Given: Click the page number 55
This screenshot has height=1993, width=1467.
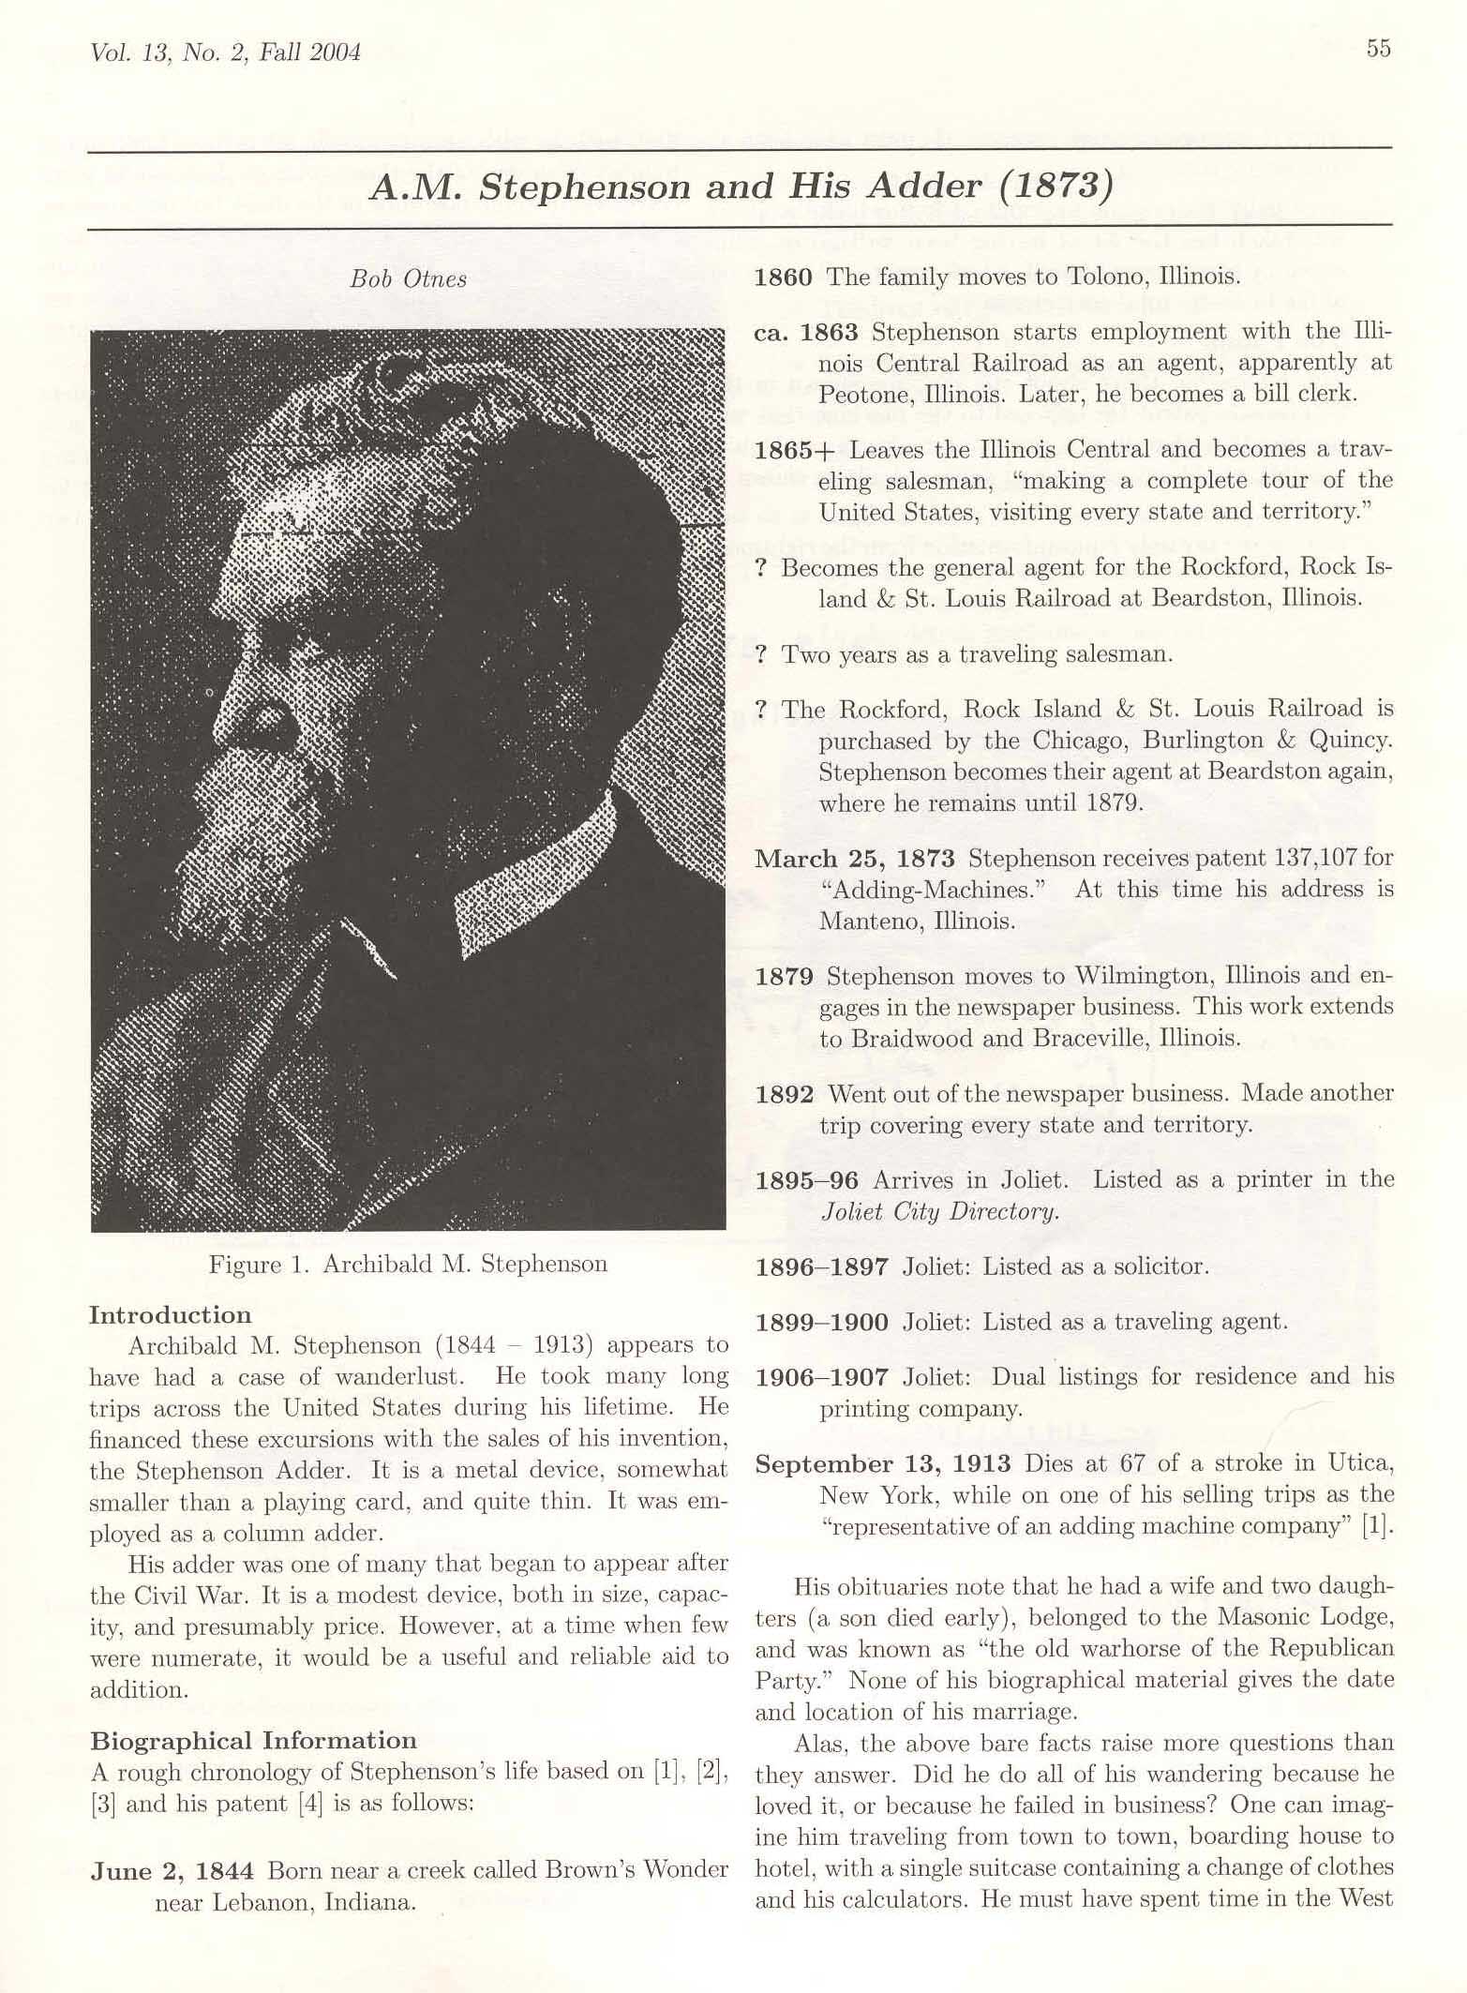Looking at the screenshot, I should click(x=1378, y=49).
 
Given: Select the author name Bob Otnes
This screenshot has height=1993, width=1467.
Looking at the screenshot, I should click(x=408, y=278).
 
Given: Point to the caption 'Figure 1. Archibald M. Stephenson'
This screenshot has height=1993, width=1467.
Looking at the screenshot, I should click(x=408, y=1264).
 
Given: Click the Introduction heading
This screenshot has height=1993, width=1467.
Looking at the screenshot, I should click(x=170, y=1315).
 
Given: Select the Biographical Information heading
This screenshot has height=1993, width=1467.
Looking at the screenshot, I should click(x=253, y=1741).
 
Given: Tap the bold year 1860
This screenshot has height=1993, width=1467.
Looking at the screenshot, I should click(x=784, y=277).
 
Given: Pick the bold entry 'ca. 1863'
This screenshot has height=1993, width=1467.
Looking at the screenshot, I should click(x=806, y=333).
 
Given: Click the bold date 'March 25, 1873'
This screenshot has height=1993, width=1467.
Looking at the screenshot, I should click(x=855, y=859).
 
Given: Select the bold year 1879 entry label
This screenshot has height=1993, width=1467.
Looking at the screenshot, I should click(x=785, y=977).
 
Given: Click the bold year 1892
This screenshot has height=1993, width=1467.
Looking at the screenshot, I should click(x=785, y=1094).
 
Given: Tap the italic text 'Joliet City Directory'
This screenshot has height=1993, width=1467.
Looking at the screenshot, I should click(x=939, y=1211).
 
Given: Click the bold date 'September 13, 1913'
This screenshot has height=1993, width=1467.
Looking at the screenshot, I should click(x=883, y=1464).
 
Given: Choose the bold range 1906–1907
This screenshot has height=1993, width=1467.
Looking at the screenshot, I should click(x=822, y=1377).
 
